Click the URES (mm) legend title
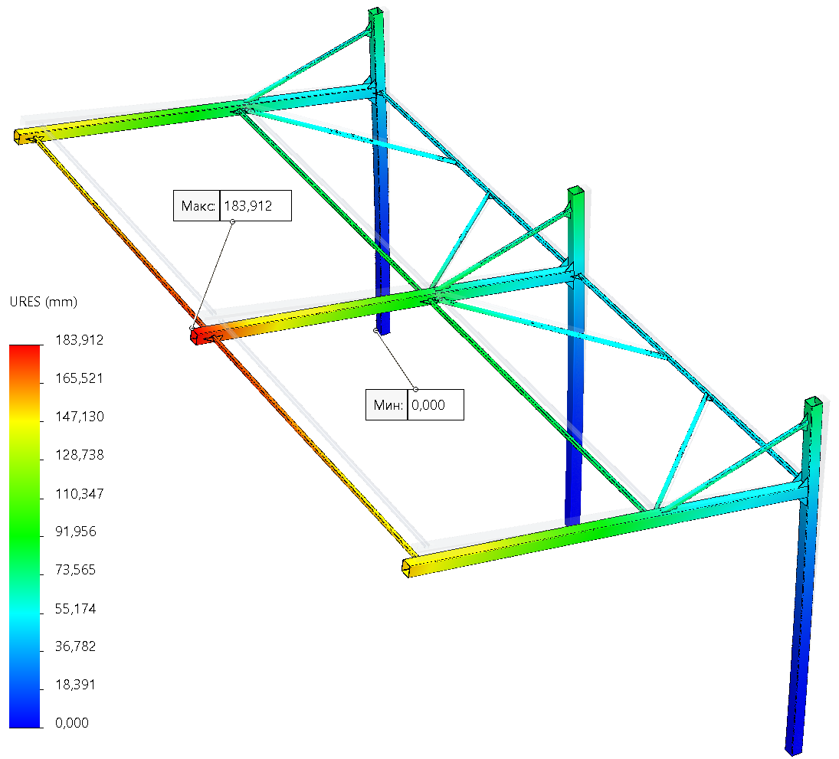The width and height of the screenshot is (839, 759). click(x=42, y=302)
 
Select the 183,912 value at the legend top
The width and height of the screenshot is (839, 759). click(x=79, y=340)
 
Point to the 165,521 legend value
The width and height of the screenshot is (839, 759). click(x=79, y=378)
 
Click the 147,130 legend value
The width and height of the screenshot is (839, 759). click(x=79, y=417)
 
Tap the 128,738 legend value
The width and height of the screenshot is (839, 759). click(x=79, y=455)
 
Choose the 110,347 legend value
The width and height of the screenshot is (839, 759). click(x=79, y=493)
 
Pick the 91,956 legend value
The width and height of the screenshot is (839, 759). click(x=76, y=532)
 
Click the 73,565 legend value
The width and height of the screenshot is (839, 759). click(x=76, y=570)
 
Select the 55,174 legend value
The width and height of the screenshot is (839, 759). click(x=76, y=608)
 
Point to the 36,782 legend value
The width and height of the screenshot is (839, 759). click(x=76, y=646)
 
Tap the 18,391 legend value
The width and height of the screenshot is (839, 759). click(x=76, y=685)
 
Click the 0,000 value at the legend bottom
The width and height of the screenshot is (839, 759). click(x=73, y=723)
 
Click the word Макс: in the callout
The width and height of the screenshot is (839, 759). click(x=197, y=205)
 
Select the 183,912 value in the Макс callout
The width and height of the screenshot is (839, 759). click(x=248, y=205)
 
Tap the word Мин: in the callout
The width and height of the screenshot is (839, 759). click(x=388, y=405)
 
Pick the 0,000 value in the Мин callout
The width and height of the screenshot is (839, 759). click(x=428, y=405)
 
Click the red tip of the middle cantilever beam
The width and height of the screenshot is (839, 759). click(x=202, y=335)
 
